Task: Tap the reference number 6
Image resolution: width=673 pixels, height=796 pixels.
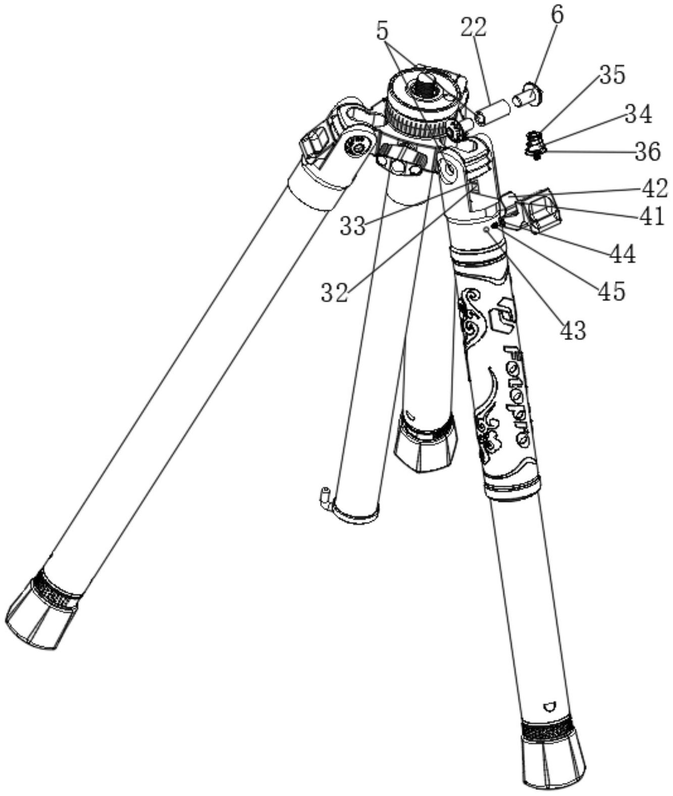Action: click(557, 15)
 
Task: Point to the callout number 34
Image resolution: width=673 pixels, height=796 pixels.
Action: click(638, 114)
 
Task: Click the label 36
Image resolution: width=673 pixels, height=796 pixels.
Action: click(647, 152)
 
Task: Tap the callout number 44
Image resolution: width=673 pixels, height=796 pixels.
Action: click(623, 254)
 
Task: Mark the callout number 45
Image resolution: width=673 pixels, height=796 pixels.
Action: click(612, 291)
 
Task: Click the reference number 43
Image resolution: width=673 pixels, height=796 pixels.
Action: click(573, 330)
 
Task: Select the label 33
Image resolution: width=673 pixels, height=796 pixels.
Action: click(352, 226)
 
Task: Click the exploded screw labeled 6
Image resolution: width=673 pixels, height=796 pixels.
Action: click(528, 95)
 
